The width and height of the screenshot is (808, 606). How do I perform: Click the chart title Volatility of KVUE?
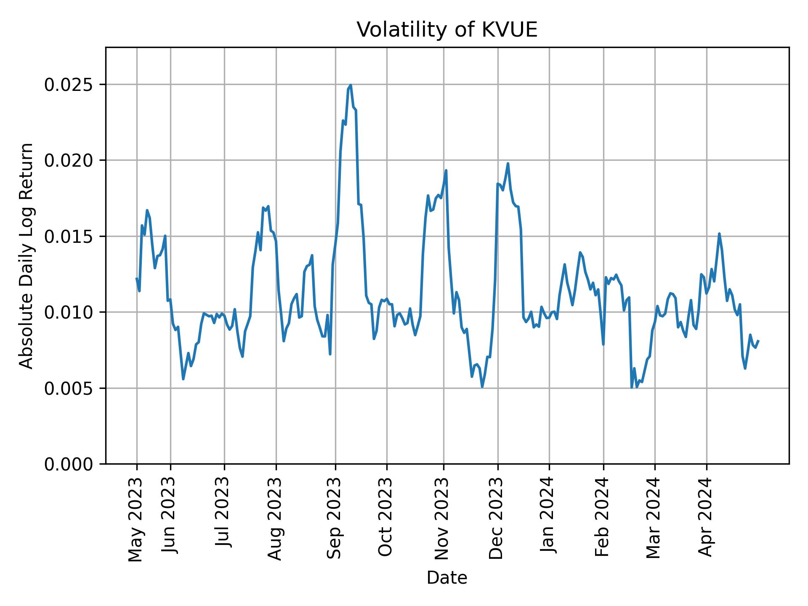pyautogui.click(x=447, y=30)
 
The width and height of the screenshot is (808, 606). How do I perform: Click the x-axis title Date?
pyautogui.click(x=447, y=578)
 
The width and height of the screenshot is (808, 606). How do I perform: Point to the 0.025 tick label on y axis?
pyautogui.click(x=69, y=85)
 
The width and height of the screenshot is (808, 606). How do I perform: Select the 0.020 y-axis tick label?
pyautogui.click(x=69, y=160)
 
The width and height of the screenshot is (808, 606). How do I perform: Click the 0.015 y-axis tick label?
pyautogui.click(x=69, y=237)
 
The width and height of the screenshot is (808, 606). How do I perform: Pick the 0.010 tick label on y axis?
pyautogui.click(x=69, y=312)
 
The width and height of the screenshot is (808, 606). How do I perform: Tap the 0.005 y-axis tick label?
pyautogui.click(x=69, y=388)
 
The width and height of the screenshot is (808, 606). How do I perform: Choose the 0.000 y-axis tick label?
pyautogui.click(x=69, y=464)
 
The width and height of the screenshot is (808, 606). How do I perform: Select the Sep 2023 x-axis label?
pyautogui.click(x=335, y=518)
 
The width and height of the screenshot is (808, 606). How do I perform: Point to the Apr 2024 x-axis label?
pyautogui.click(x=705, y=517)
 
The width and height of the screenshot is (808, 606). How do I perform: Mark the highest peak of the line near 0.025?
pyautogui.click(x=351, y=85)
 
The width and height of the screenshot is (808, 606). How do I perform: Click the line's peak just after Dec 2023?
pyautogui.click(x=508, y=164)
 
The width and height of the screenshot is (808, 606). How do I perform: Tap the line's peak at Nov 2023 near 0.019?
pyautogui.click(x=446, y=170)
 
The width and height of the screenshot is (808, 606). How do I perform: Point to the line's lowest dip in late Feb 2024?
pyautogui.click(x=631, y=388)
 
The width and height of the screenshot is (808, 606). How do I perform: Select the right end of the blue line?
pyautogui.click(x=758, y=341)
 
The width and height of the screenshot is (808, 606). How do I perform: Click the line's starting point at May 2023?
pyautogui.click(x=137, y=279)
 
